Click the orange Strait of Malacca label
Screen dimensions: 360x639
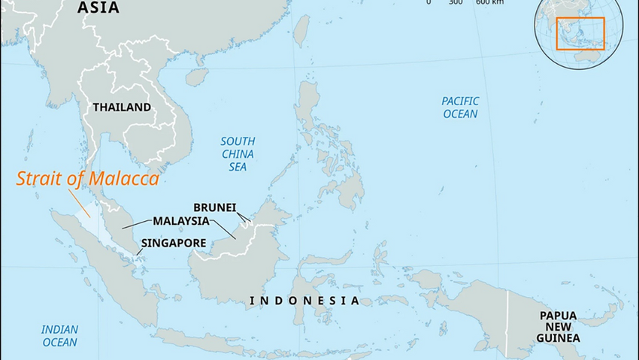point(88,180)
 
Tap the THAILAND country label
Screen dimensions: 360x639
point(122,107)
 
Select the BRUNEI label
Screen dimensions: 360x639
point(215,207)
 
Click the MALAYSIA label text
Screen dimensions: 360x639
point(180,221)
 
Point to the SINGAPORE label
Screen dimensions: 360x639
point(174,243)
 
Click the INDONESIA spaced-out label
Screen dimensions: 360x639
point(304,301)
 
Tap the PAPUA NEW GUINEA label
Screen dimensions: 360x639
point(559,327)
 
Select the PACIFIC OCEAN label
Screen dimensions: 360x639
point(459,107)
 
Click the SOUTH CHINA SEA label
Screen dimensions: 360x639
point(238,153)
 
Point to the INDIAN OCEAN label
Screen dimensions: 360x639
point(59,335)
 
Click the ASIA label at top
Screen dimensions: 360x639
point(98,8)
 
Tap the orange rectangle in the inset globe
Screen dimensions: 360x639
point(580,33)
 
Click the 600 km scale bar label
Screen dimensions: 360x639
point(489,2)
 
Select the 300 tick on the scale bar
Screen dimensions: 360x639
point(456,2)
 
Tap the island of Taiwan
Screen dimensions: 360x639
point(301,30)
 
